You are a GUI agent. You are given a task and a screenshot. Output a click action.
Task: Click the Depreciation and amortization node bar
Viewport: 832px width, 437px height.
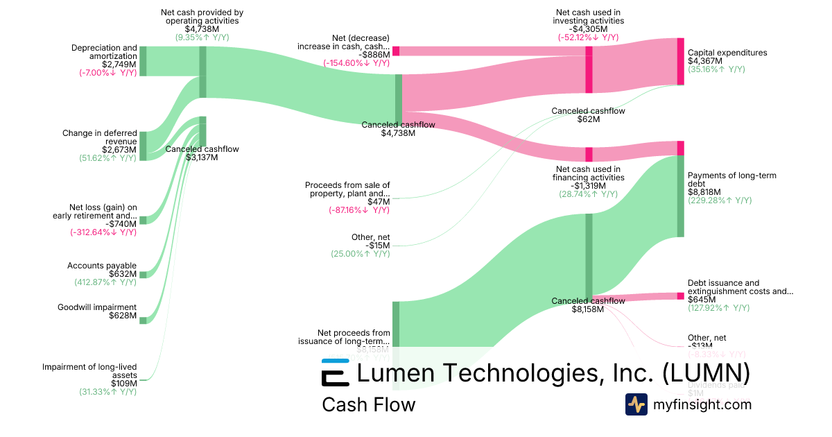143,61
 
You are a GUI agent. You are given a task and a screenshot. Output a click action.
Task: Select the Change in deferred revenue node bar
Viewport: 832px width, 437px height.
143,146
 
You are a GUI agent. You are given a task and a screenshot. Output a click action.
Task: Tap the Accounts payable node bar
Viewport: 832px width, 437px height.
143,275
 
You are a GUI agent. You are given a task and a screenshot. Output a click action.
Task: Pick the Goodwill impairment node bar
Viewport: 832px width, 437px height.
143,320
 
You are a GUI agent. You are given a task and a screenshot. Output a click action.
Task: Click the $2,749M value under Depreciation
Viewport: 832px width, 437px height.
122,64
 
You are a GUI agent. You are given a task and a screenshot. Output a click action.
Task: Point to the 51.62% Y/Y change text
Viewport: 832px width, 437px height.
107,158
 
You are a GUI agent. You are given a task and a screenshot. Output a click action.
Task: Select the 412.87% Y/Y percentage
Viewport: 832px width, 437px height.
105,282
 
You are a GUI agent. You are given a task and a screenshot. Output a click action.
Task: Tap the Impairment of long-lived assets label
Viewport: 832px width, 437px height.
89,371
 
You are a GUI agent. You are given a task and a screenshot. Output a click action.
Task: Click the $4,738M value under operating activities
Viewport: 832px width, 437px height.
202,29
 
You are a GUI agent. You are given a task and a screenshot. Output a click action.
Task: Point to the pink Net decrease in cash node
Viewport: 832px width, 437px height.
396,51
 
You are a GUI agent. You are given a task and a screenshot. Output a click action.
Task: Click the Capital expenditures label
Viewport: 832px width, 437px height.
727,53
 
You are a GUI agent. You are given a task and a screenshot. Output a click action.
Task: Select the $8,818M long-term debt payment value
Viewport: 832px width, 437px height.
704,192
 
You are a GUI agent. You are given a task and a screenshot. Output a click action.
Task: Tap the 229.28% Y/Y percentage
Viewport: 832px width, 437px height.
720,200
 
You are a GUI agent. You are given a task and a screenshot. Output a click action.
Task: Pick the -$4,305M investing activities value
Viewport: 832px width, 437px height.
589,29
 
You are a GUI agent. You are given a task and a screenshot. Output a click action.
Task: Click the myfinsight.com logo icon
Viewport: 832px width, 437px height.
636,404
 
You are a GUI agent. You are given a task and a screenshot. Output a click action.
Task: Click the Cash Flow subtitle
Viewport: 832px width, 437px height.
368,404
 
